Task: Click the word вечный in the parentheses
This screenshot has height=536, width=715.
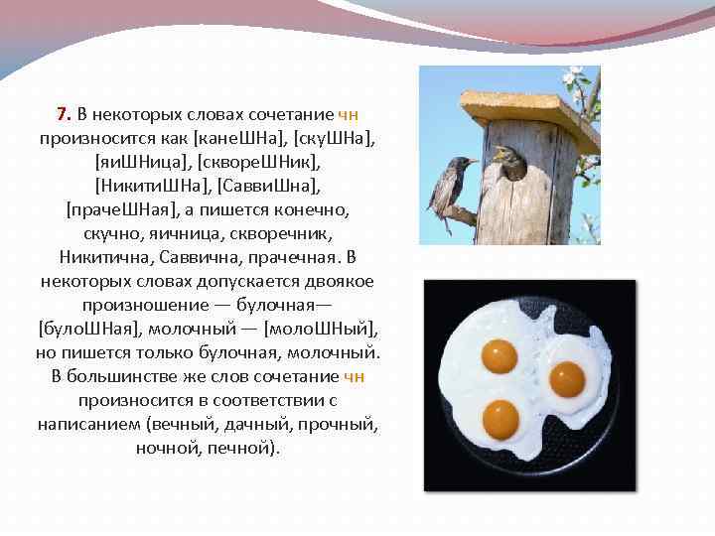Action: (x=186, y=424)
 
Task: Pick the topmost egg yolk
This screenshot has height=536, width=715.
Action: (x=499, y=355)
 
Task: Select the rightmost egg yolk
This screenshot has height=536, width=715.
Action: (x=566, y=378)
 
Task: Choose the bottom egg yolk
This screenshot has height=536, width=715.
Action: (x=500, y=419)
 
